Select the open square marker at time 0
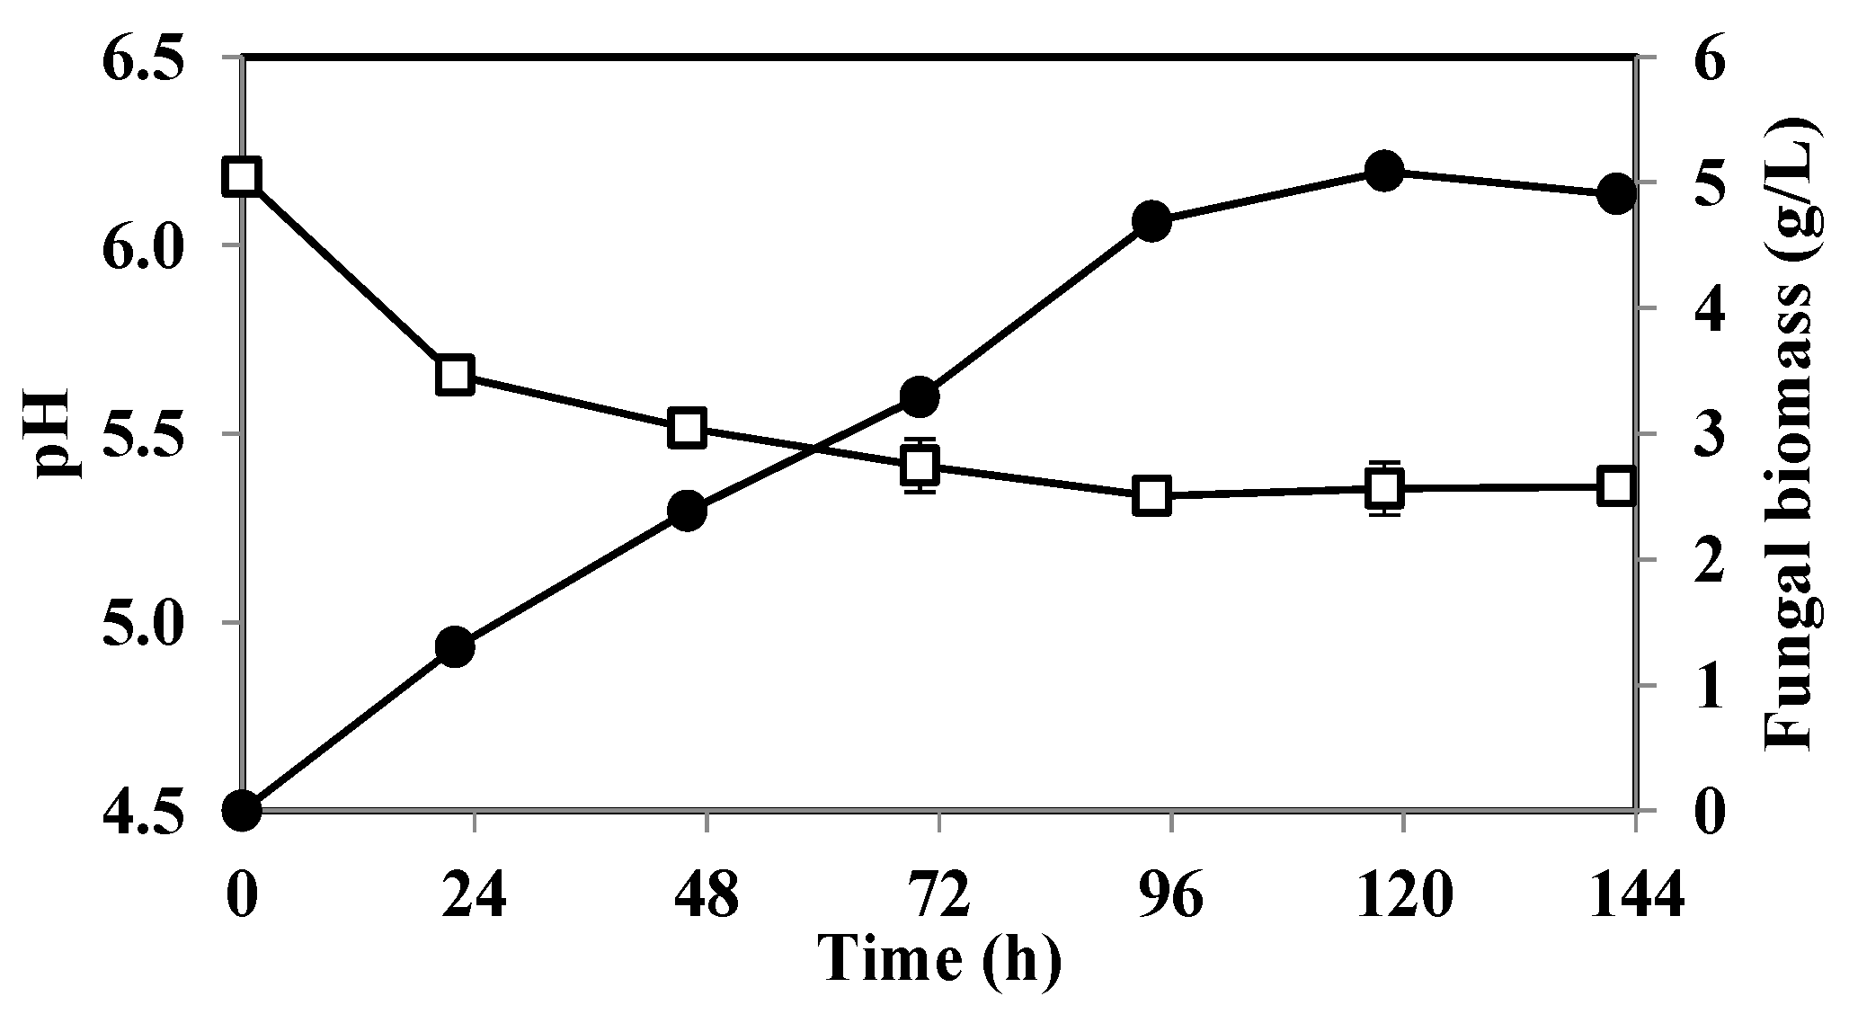(242, 176)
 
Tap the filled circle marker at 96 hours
(1151, 221)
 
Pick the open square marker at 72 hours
(920, 466)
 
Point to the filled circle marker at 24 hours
(455, 647)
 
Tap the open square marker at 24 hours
(455, 375)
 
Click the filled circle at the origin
(242, 810)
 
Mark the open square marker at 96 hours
(1151, 495)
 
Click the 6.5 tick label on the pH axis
(147, 60)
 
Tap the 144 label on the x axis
(1636, 895)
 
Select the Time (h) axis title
(939, 959)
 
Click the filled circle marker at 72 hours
(920, 396)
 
